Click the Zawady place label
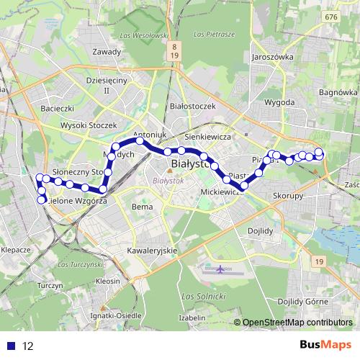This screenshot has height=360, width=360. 107,52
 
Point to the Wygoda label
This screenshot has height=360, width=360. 279,103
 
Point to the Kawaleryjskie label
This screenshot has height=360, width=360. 152,250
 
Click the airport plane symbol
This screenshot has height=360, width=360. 219,269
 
